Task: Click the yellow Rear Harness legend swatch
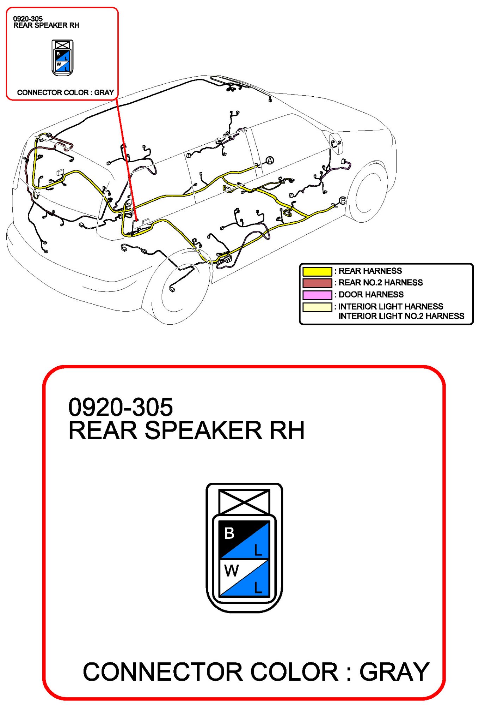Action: tap(317, 271)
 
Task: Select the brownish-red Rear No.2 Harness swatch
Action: tap(317, 283)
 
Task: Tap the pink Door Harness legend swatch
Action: tap(317, 295)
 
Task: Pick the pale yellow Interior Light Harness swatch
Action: tap(317, 307)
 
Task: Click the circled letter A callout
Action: tap(269, 161)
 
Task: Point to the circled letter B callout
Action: tap(342, 201)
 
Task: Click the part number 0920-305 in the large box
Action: tap(121, 407)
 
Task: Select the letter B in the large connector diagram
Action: tap(229, 533)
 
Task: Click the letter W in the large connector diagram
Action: tap(231, 570)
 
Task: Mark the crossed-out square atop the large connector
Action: tap(244, 501)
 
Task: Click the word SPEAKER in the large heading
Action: tap(203, 430)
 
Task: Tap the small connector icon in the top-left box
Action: tap(62, 58)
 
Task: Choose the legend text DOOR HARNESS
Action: tap(371, 295)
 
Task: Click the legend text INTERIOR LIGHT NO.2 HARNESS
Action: tap(401, 316)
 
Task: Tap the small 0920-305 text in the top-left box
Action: tap(28, 19)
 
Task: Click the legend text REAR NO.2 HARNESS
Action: tap(380, 283)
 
